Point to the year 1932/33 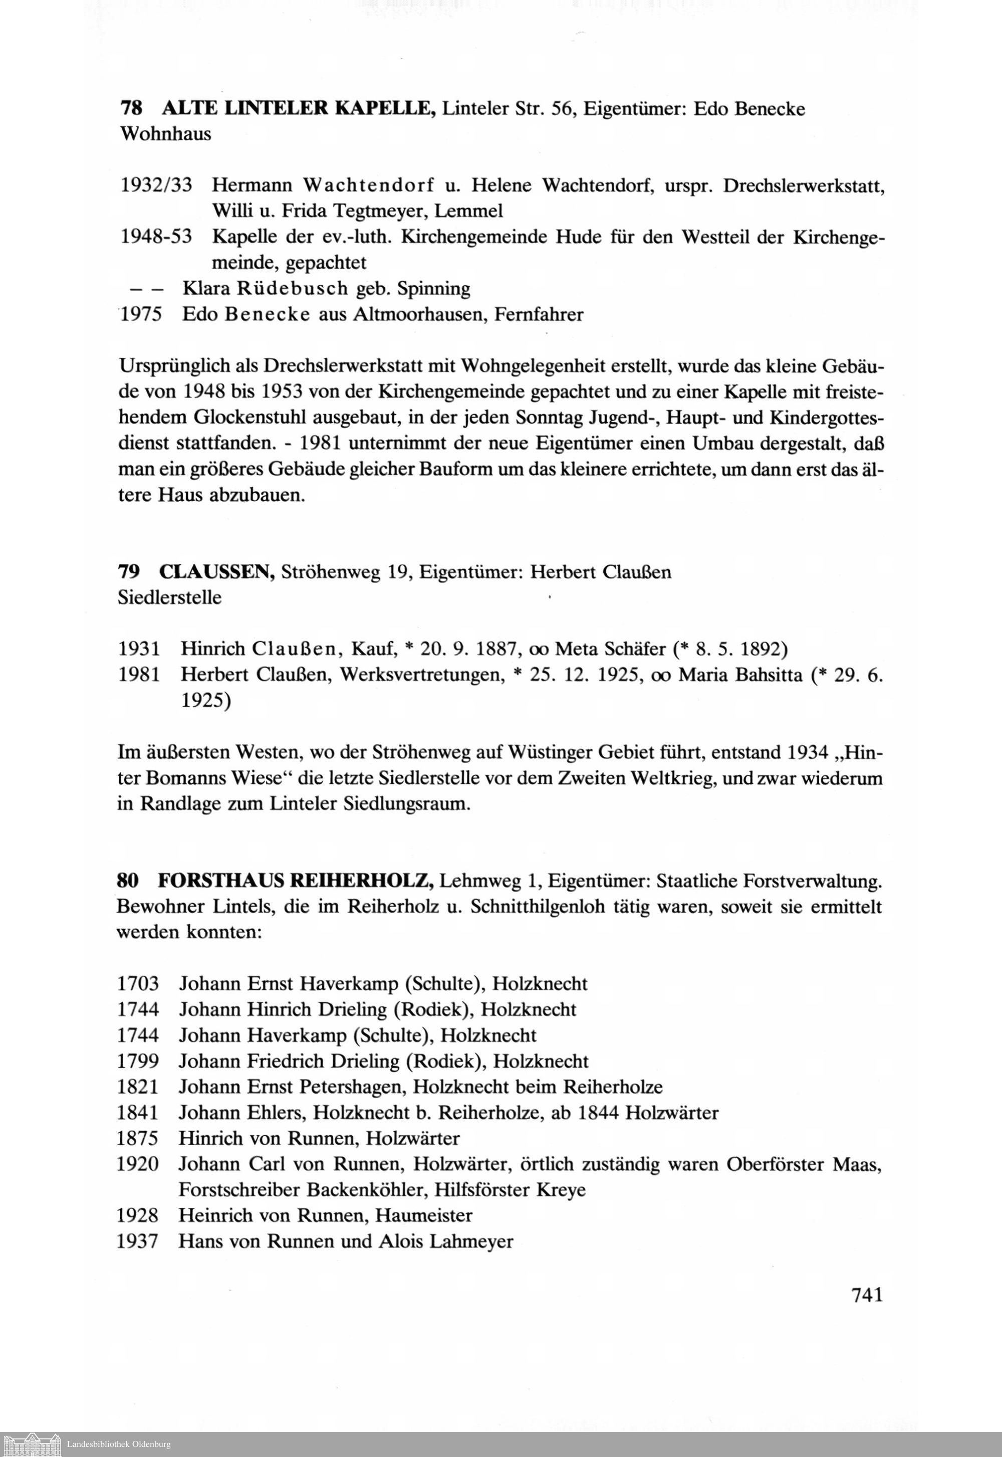(x=156, y=185)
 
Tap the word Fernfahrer (x=539, y=314)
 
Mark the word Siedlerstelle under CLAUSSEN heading (x=169, y=597)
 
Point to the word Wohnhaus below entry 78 (x=165, y=134)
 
